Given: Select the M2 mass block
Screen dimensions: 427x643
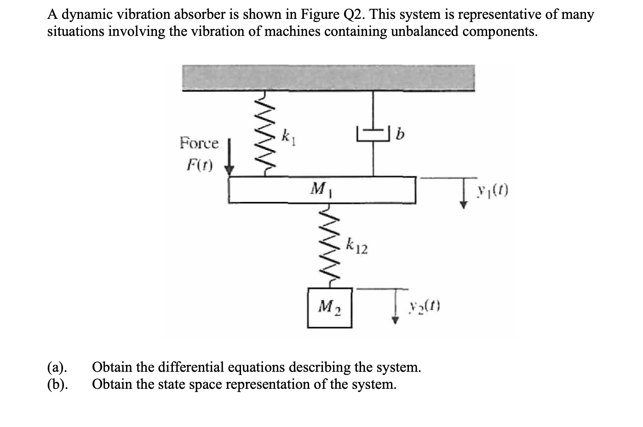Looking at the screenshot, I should pos(329,307).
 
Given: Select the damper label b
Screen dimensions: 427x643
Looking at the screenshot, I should pos(400,134).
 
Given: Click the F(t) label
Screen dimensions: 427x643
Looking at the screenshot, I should pos(199,165).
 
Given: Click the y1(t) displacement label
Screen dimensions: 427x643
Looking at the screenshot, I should pos(493,190).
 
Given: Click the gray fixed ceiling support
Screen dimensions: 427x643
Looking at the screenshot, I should pos(328,77).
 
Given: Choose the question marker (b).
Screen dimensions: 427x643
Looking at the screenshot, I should pos(58,384).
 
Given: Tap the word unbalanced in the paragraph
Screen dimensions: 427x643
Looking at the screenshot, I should pos(425,32).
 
